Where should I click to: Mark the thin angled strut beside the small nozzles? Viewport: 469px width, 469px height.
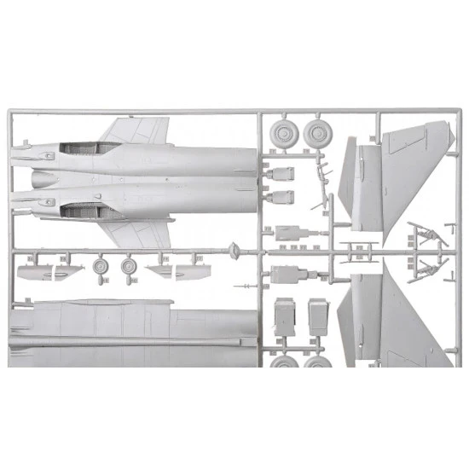point(320,174)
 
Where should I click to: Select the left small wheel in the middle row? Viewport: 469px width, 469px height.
point(100,267)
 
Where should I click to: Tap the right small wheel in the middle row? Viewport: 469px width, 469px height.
point(130,268)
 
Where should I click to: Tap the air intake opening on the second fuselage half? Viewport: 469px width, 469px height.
point(85,208)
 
